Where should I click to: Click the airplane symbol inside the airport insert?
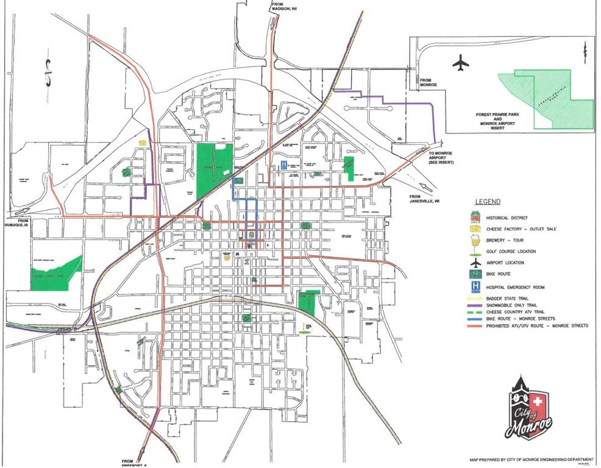461,62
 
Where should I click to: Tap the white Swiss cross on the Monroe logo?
537,402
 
